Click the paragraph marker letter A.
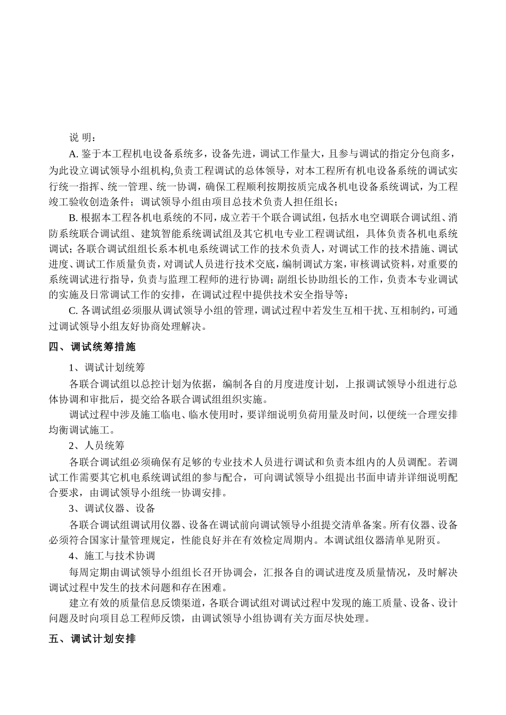pyautogui.click(x=74, y=154)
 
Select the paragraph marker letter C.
pyautogui.click(x=74, y=310)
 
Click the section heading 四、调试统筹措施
pyautogui.click(x=92, y=347)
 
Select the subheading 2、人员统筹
pyautogui.click(x=96, y=445)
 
